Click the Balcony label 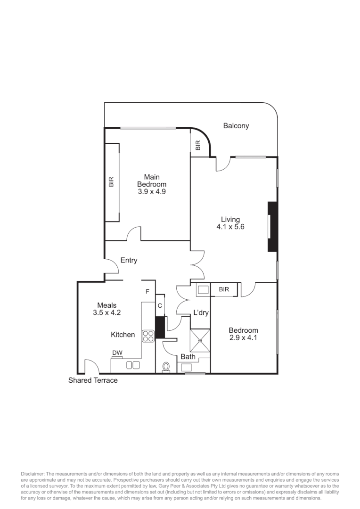tap(236, 126)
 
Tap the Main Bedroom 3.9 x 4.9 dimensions tap(151, 192)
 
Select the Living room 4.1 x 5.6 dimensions tap(230, 227)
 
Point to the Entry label tap(129, 260)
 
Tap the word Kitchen tap(123, 335)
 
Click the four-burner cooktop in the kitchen tap(149, 336)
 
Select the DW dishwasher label tap(117, 353)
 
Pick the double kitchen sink tap(133, 365)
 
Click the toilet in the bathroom tap(166, 366)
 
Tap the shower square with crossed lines tap(200, 339)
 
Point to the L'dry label tap(201, 312)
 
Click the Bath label tap(188, 357)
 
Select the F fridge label tap(147, 292)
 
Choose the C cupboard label tap(160, 305)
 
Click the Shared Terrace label tap(93, 380)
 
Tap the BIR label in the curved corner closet tap(198, 146)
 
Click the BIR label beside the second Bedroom tap(224, 289)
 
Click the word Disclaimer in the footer tap(32, 473)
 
